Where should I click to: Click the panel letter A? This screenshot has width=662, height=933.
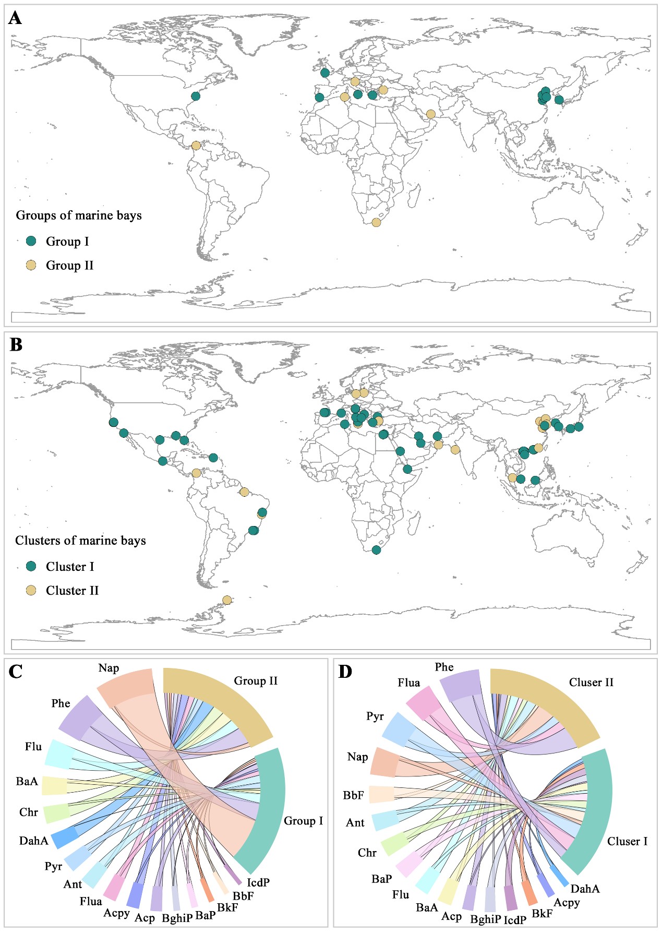pyautogui.click(x=15, y=18)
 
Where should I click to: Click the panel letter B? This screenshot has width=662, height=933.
pyautogui.click(x=16, y=345)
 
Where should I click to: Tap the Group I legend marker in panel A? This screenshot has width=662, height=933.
pyautogui.click(x=31, y=241)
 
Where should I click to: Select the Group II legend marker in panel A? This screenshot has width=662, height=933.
pyautogui.click(x=31, y=265)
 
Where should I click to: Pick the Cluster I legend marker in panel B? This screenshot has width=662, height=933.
pyautogui.click(x=31, y=566)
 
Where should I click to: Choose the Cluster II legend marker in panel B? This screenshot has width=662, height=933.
pyautogui.click(x=31, y=590)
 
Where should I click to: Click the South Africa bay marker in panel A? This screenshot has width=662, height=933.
pyautogui.click(x=376, y=222)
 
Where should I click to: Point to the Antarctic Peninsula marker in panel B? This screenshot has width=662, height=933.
pyautogui.click(x=227, y=600)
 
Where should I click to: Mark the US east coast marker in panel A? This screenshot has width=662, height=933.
pyautogui.click(x=196, y=96)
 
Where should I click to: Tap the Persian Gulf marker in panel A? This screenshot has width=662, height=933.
pyautogui.click(x=430, y=114)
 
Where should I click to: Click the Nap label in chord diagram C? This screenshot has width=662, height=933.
pyautogui.click(x=109, y=668)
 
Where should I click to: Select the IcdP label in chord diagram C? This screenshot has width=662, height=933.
pyautogui.click(x=258, y=882)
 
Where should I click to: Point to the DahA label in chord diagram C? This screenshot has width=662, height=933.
pyautogui.click(x=33, y=841)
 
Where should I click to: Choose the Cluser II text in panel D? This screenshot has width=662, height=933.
pyautogui.click(x=591, y=683)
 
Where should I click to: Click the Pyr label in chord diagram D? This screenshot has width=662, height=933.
pyautogui.click(x=375, y=716)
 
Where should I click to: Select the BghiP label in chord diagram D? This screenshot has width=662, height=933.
pyautogui.click(x=485, y=919)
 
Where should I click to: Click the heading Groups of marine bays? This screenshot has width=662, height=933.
pyautogui.click(x=79, y=216)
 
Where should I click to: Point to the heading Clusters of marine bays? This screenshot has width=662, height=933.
pyautogui.click(x=80, y=541)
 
